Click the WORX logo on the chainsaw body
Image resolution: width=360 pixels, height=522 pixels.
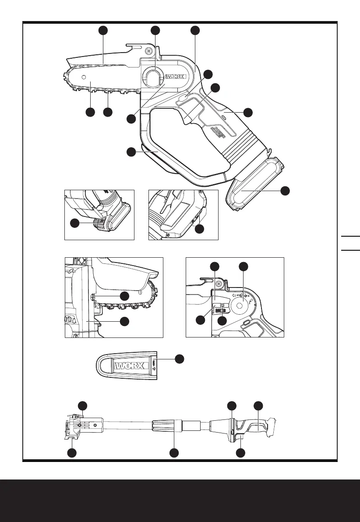pyautogui.click(x=175, y=77)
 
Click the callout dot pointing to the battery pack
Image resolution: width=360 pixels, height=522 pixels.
pyautogui.click(x=285, y=191)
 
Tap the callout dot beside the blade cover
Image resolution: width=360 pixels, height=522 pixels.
pyautogui.click(x=179, y=359)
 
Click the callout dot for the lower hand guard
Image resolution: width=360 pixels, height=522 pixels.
pyautogui.click(x=131, y=152)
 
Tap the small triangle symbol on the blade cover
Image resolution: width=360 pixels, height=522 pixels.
pyautogui.click(x=155, y=368)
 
